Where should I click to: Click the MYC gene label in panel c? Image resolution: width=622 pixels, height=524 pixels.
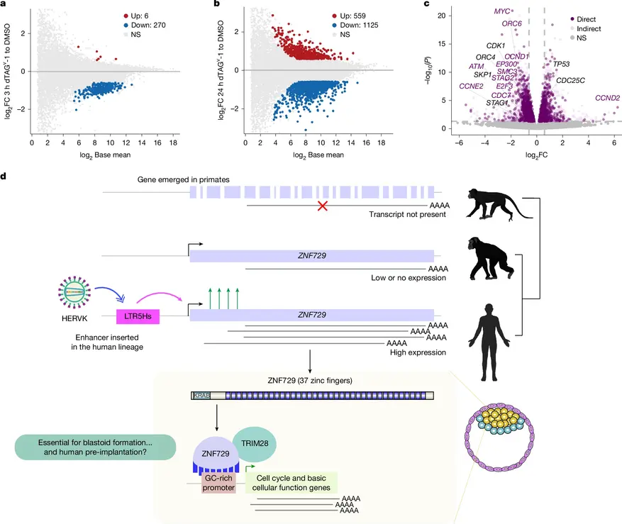tap(502, 11)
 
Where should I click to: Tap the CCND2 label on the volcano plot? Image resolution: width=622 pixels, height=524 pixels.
tap(607, 98)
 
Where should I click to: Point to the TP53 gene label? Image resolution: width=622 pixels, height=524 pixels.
tap(561, 64)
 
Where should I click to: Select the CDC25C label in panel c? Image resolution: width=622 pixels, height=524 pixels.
tap(570, 81)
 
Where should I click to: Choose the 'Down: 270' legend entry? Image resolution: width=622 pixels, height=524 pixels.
tap(145, 25)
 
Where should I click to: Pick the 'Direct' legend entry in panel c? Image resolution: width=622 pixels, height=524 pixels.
tap(583, 19)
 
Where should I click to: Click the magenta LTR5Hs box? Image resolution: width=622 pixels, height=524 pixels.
tap(138, 316)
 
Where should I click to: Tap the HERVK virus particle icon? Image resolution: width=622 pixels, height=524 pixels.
tap(74, 293)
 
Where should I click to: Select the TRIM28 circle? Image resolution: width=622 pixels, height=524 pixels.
tap(255, 444)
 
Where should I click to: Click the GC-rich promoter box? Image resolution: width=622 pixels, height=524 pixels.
tap(218, 483)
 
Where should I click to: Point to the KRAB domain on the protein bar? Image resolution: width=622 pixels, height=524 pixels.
tap(201, 396)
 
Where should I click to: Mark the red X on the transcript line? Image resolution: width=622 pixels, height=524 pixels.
tap(323, 206)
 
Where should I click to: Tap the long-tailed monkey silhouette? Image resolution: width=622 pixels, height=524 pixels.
tap(499, 204)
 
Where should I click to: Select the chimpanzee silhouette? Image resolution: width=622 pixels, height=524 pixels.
tap(490, 259)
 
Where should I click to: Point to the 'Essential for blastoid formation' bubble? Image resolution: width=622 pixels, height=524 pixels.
tap(95, 447)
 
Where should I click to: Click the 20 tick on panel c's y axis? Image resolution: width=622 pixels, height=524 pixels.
tap(442, 16)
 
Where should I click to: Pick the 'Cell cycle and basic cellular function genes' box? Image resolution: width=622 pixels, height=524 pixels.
tap(291, 483)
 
